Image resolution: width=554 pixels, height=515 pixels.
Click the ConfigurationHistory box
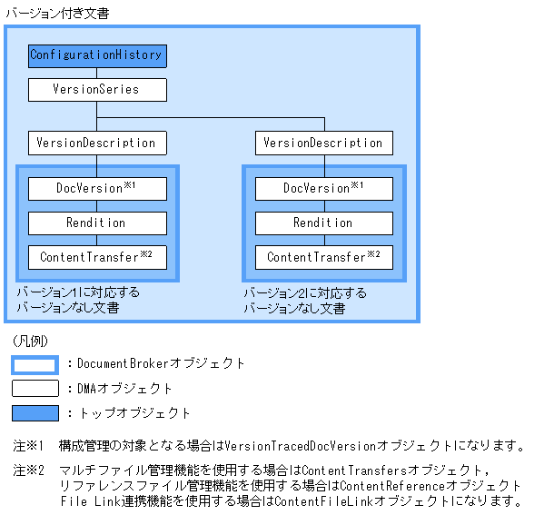coord(96,55)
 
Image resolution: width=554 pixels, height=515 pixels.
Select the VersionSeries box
coord(96,90)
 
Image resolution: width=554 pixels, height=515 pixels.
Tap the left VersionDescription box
coord(96,143)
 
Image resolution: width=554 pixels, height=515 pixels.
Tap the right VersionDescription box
coord(323,143)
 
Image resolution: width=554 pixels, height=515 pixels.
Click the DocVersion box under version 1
coord(96,189)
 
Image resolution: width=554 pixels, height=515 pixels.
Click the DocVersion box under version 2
coord(323,189)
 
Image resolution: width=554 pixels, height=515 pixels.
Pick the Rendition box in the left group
coord(96,223)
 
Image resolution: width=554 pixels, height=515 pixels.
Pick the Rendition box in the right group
coord(323,223)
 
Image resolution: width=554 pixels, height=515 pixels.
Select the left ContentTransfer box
coord(96,257)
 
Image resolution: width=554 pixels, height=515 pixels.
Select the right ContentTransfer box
coord(323,257)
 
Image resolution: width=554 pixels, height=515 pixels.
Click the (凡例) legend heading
coord(31,342)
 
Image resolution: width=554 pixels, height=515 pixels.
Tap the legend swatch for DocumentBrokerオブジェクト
coord(35,364)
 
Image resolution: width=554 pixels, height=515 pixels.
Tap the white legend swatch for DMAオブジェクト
coord(35,389)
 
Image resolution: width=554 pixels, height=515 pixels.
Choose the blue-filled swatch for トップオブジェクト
coord(35,413)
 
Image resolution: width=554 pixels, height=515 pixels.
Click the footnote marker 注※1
coord(29,446)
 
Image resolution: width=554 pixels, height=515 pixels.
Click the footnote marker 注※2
coord(29,471)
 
